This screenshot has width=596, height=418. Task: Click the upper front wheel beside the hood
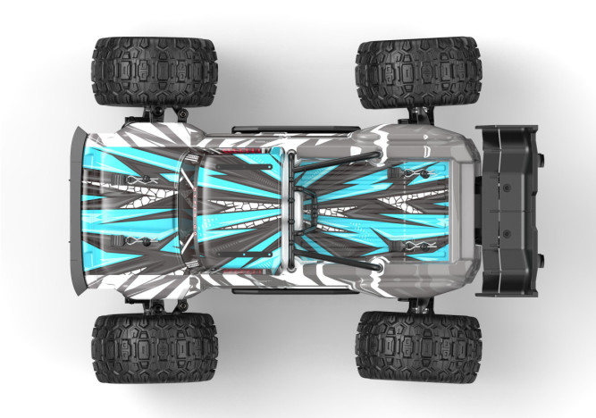(x=154, y=71)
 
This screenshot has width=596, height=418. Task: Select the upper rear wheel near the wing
(x=418, y=72)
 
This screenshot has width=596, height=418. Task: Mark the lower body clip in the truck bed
(x=411, y=245)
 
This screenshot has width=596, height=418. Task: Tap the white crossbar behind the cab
(x=290, y=210)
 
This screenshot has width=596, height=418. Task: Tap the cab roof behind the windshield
(x=241, y=210)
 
